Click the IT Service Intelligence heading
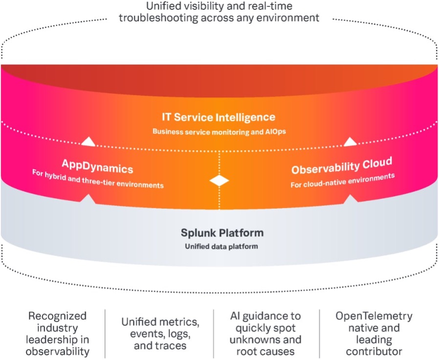click(219, 117)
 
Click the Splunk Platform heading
click(222, 233)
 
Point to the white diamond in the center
click(219, 180)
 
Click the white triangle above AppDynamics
click(88, 142)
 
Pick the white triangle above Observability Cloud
click(350, 141)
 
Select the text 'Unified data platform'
click(221, 246)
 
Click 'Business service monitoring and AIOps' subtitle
click(219, 131)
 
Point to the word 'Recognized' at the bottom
click(57, 316)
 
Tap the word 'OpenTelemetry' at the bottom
click(373, 316)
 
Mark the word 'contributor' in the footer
click(373, 351)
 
